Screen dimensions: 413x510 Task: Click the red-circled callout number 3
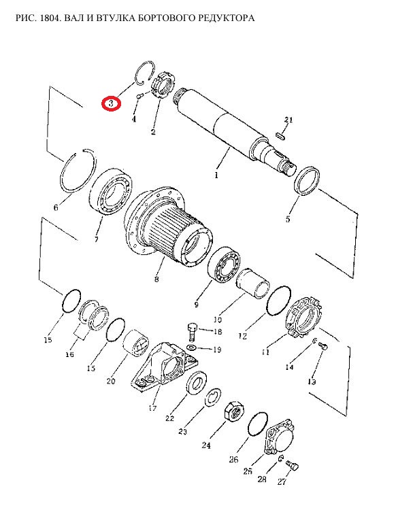tap(111, 104)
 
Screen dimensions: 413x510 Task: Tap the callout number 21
tap(288, 120)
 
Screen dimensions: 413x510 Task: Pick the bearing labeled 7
tap(111, 191)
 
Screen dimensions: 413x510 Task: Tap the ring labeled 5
tap(307, 181)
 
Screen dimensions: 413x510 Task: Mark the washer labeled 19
tap(191, 347)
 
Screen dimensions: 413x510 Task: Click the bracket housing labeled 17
tap(166, 367)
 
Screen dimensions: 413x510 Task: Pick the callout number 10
tap(218, 320)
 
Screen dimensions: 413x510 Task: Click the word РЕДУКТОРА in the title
tap(227, 18)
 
